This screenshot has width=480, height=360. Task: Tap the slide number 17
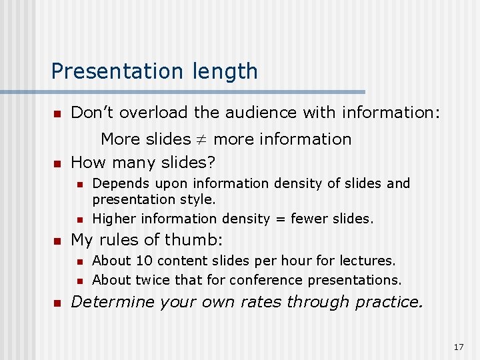click(458, 347)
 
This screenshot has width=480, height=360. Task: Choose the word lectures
click(370, 261)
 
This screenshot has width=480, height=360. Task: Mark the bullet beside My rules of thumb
click(57, 241)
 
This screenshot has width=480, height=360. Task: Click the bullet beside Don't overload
click(57, 113)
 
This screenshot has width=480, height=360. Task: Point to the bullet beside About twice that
click(79, 281)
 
